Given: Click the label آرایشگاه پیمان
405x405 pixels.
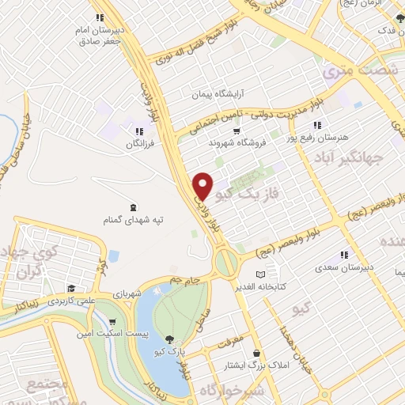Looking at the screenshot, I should (218, 94).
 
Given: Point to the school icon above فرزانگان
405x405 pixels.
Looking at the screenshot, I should (139, 132).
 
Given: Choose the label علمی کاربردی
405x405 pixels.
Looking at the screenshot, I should (70, 301).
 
